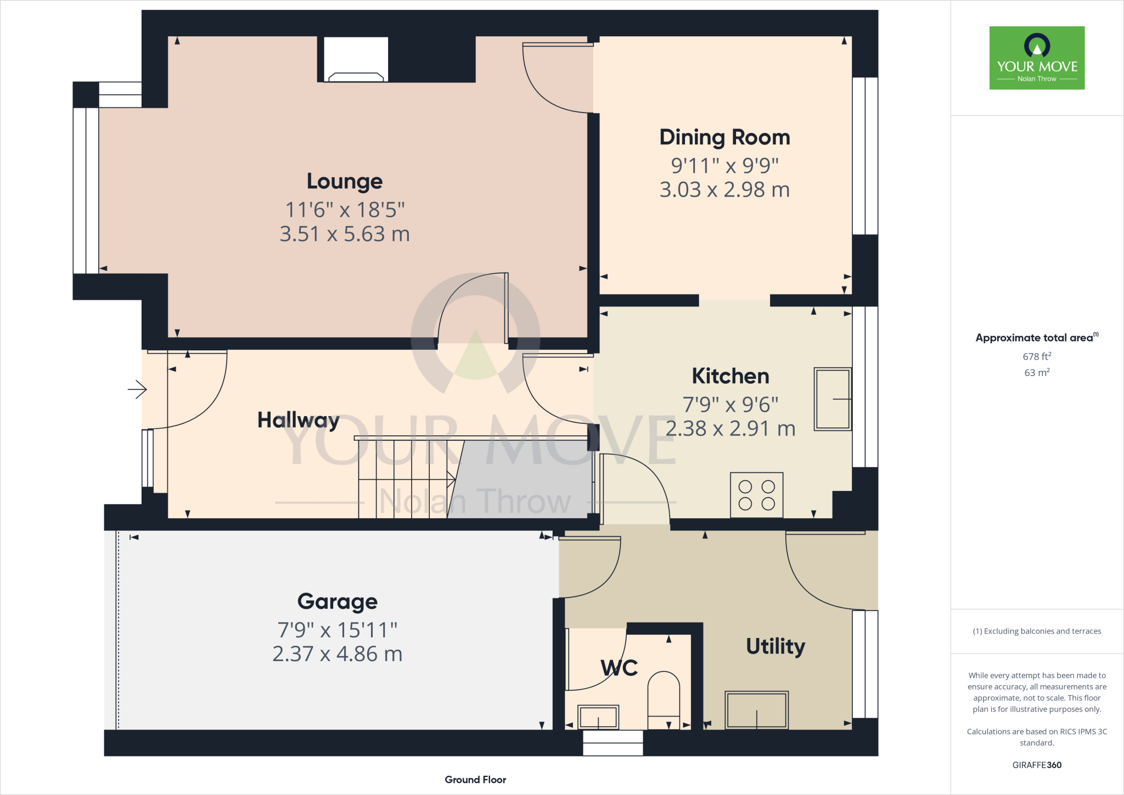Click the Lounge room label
tap(345, 181)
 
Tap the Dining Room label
tap(724, 137)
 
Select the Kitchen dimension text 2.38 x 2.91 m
tap(730, 429)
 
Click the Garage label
tap(338, 602)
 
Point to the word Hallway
tap(298, 420)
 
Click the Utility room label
tap(775, 646)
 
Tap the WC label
tap(619, 668)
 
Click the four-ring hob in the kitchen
tap(756, 495)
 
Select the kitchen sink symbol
tap(833, 399)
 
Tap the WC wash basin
tap(598, 717)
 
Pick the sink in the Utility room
tap(756, 710)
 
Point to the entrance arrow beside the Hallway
tap(137, 390)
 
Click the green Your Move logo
tap(1037, 58)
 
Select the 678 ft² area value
tap(1037, 356)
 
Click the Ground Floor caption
tap(475, 780)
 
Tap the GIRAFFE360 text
tap(1037, 765)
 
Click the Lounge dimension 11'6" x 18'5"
tap(345, 210)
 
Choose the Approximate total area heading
tap(1035, 338)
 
